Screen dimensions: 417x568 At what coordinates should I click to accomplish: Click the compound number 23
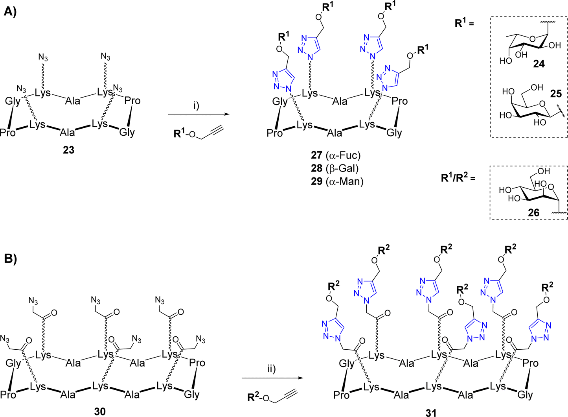[x=69, y=150]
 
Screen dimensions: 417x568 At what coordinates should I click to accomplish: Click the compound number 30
[x=100, y=411]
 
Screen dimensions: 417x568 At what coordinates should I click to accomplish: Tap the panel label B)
[x=10, y=259]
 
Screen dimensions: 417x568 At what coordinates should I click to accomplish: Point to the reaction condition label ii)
[x=272, y=369]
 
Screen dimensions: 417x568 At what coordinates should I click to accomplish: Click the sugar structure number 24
[x=538, y=63]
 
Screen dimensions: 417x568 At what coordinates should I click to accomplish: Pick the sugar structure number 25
[x=556, y=94]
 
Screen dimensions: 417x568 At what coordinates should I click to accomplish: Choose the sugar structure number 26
[x=533, y=212]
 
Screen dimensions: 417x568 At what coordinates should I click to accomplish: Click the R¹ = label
[x=464, y=24]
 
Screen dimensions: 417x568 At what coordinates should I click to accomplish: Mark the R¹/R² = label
[x=458, y=178]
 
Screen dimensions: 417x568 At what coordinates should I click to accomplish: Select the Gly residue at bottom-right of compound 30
[x=192, y=394]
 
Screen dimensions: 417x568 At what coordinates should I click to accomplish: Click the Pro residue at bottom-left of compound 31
[x=341, y=395]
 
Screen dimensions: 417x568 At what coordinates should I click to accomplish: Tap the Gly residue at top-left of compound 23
[x=13, y=101]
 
